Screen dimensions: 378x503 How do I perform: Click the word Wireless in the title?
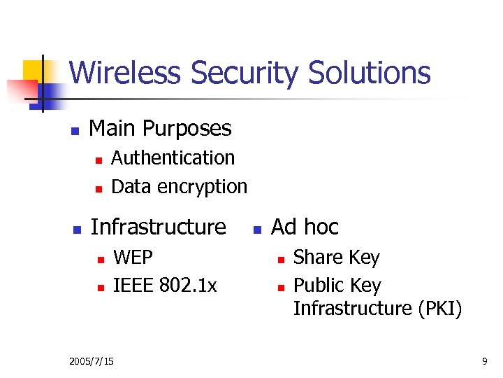[126, 73]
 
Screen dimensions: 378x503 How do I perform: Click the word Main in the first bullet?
[112, 128]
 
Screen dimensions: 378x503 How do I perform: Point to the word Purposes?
[187, 129]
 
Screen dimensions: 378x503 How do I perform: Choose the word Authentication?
[173, 158]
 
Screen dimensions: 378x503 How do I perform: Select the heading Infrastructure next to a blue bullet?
[159, 227]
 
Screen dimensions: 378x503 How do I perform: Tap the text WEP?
[133, 258]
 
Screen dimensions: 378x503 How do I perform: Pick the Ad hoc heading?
[305, 227]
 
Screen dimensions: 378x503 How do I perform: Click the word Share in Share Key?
[315, 258]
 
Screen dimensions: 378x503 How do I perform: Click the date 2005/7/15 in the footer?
[92, 361]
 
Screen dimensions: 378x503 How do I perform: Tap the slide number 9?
[484, 361]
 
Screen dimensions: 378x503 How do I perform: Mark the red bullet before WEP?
[99, 260]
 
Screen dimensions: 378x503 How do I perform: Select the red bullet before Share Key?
[279, 260]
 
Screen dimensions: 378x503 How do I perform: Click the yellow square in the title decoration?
[34, 71]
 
